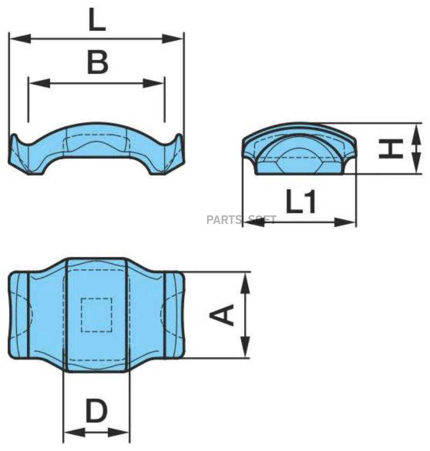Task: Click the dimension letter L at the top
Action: (97, 20)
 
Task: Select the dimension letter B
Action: (97, 62)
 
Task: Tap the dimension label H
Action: (391, 148)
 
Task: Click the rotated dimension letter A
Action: (222, 315)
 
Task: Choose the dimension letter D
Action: (97, 411)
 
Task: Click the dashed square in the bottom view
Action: (97, 315)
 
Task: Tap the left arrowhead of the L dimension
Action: (20, 39)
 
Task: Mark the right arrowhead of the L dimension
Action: (172, 39)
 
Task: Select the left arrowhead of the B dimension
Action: (40, 84)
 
